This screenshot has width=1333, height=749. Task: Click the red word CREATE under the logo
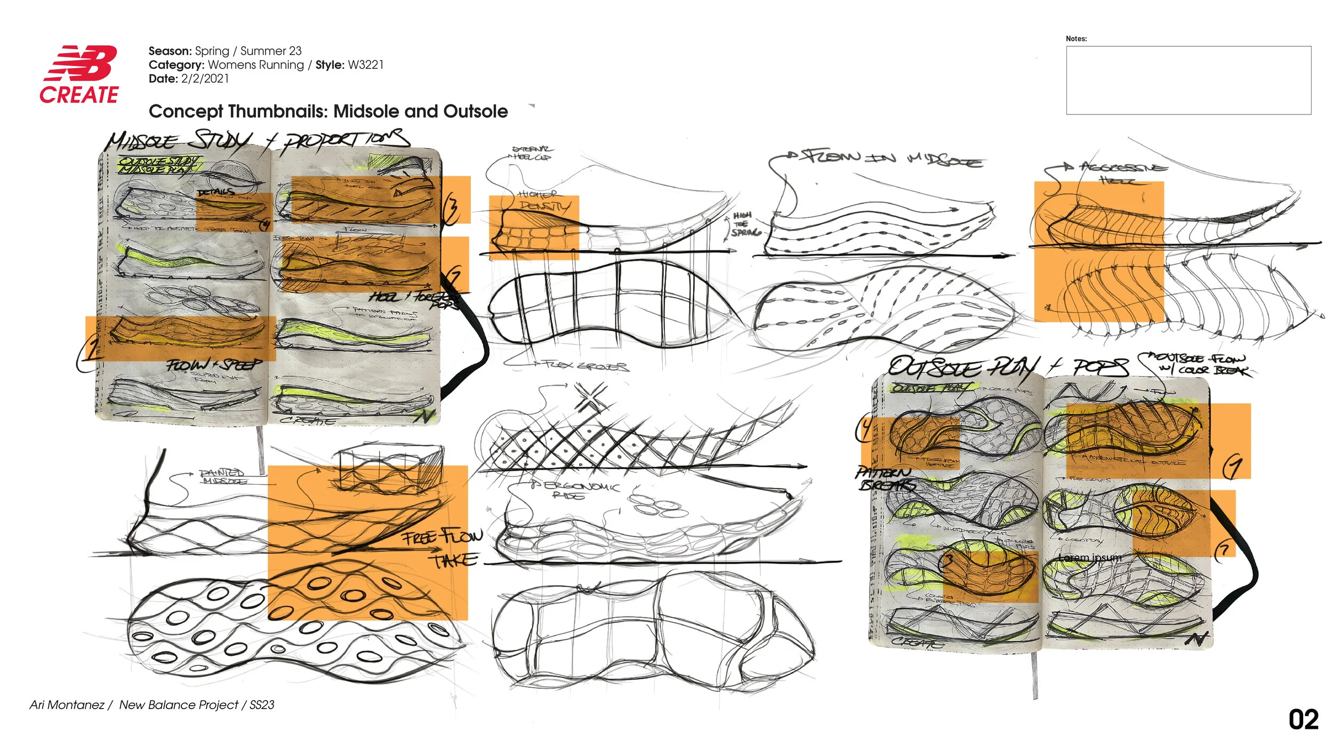[79, 95]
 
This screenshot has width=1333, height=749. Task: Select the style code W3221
[365, 65]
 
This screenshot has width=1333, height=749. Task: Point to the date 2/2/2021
[205, 79]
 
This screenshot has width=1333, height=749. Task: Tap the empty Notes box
[1188, 80]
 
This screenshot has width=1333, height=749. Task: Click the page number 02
[1303, 720]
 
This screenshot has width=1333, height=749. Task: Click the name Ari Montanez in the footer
[67, 705]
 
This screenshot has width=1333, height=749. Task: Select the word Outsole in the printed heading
[475, 111]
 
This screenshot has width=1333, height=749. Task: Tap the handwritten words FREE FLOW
[442, 536]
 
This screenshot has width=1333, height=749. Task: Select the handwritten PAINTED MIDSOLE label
[223, 476]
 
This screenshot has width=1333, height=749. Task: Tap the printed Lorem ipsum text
[1090, 558]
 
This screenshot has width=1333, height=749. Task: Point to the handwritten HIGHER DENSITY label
[543, 200]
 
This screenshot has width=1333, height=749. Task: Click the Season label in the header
[170, 51]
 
